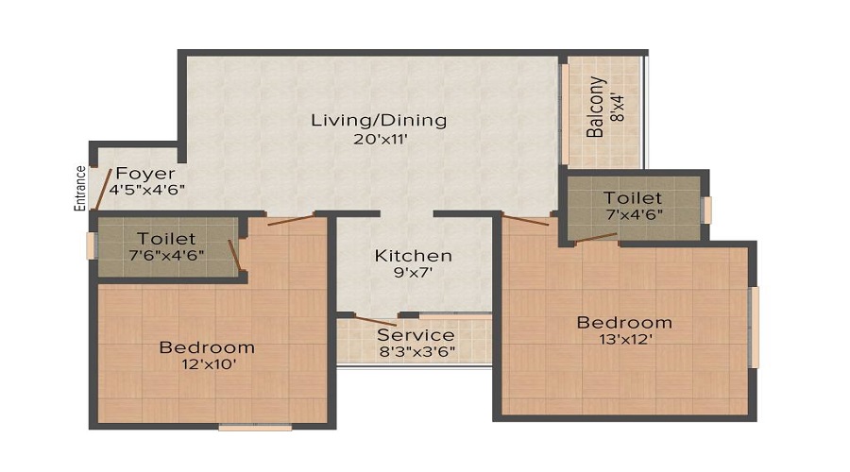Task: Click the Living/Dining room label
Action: click(x=379, y=121)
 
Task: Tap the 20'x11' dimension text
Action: click(x=379, y=140)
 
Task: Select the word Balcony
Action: click(x=596, y=108)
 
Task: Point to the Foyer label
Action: click(x=146, y=174)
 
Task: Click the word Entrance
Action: click(x=81, y=189)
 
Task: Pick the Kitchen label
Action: click(x=413, y=256)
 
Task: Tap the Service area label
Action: click(x=416, y=335)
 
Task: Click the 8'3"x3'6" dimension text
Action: click(x=416, y=352)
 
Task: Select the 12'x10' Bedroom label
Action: click(x=207, y=347)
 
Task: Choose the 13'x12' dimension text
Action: click(x=624, y=340)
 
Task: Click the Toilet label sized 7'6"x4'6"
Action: click(x=166, y=239)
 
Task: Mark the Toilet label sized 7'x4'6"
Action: click(x=633, y=198)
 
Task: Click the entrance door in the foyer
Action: click(x=105, y=190)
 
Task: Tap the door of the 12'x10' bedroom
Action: click(x=290, y=221)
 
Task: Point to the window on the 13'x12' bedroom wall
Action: click(x=754, y=327)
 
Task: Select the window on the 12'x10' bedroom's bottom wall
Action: click(x=255, y=427)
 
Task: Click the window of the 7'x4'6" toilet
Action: click(x=706, y=210)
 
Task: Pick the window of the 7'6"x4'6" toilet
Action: click(x=91, y=245)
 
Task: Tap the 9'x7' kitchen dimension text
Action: click(x=413, y=274)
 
